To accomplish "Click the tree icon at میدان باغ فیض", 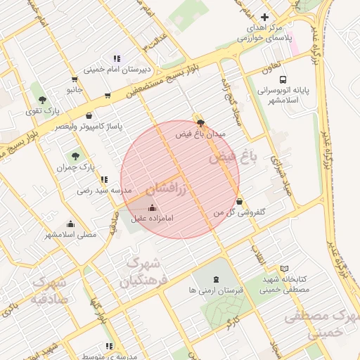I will pyautogui.click(x=202, y=123).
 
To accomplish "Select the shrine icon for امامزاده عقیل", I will pyautogui.click(x=153, y=207).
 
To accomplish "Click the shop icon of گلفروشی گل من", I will pyautogui.click(x=240, y=201).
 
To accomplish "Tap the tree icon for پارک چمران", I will pyautogui.click(x=75, y=156).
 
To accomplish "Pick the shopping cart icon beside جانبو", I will pyautogui.click(x=75, y=79).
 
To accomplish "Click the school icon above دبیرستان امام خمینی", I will pyautogui.click(x=116, y=59).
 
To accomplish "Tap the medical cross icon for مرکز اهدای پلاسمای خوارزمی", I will pyautogui.click(x=264, y=17).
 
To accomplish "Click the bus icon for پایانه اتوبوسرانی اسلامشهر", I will pyautogui.click(x=283, y=79).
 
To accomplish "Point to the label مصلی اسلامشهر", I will pyautogui.click(x=70, y=233).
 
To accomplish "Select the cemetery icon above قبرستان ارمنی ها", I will pyautogui.click(x=214, y=279).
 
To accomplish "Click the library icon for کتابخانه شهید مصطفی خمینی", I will pyautogui.click(x=284, y=269).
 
